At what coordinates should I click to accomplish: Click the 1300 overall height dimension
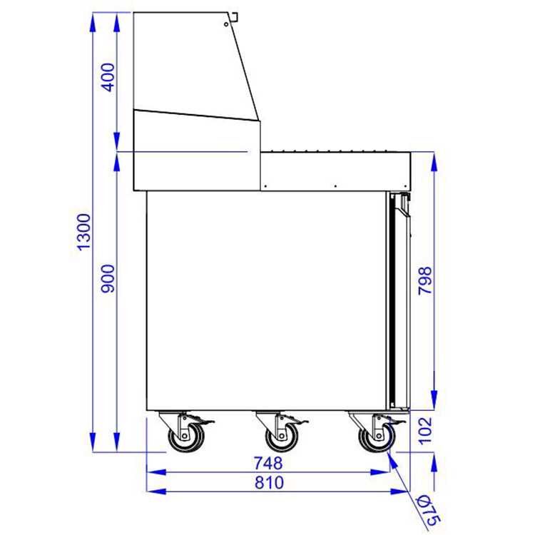(x=85, y=232)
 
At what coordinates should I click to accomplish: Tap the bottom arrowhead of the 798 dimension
(x=434, y=403)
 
